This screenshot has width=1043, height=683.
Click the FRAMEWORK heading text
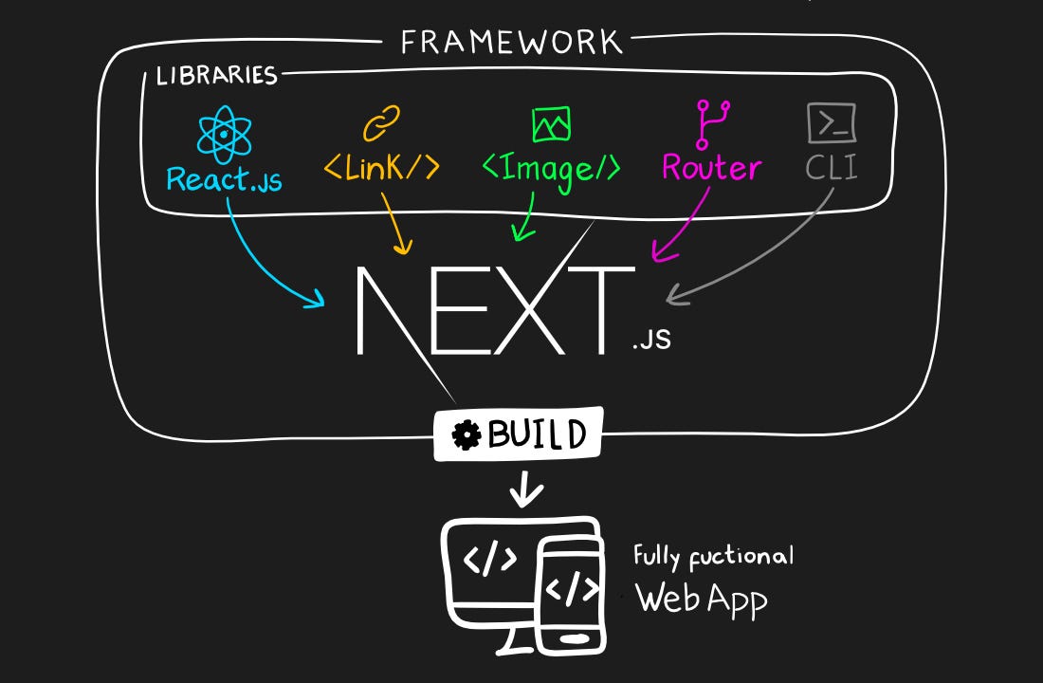click(511, 42)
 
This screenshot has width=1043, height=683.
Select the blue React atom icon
click(223, 134)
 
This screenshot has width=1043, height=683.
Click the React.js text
click(224, 178)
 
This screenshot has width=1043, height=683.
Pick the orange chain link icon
click(381, 124)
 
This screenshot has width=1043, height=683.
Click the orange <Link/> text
click(381, 167)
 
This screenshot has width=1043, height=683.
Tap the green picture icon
click(551, 124)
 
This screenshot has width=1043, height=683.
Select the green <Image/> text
click(551, 168)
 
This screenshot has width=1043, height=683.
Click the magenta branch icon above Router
click(711, 124)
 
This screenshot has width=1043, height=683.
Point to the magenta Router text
click(711, 168)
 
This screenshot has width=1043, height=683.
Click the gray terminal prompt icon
click(832, 123)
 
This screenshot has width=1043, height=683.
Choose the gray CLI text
click(832, 168)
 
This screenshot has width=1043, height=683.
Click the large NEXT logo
click(493, 310)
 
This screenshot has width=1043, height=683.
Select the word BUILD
click(536, 435)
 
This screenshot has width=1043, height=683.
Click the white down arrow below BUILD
click(526, 491)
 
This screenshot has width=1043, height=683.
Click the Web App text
click(701, 599)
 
